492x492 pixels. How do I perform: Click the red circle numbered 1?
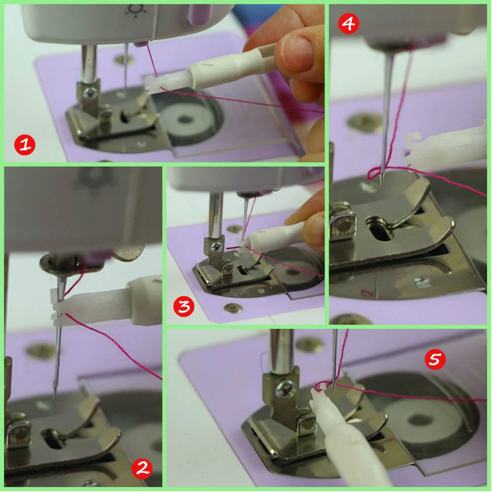[25, 145]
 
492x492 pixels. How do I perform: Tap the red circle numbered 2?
[142, 468]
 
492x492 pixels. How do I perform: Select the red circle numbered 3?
[184, 306]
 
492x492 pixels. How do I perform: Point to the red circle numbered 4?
[349, 23]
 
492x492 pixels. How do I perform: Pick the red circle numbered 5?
[435, 359]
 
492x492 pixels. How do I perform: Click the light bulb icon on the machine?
[136, 9]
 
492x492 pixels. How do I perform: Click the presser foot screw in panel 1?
[91, 92]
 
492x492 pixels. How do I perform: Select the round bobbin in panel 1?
[185, 119]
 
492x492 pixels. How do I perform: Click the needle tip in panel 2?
[55, 396]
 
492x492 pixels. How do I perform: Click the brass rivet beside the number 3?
[233, 308]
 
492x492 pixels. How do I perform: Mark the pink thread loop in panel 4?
[375, 174]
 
